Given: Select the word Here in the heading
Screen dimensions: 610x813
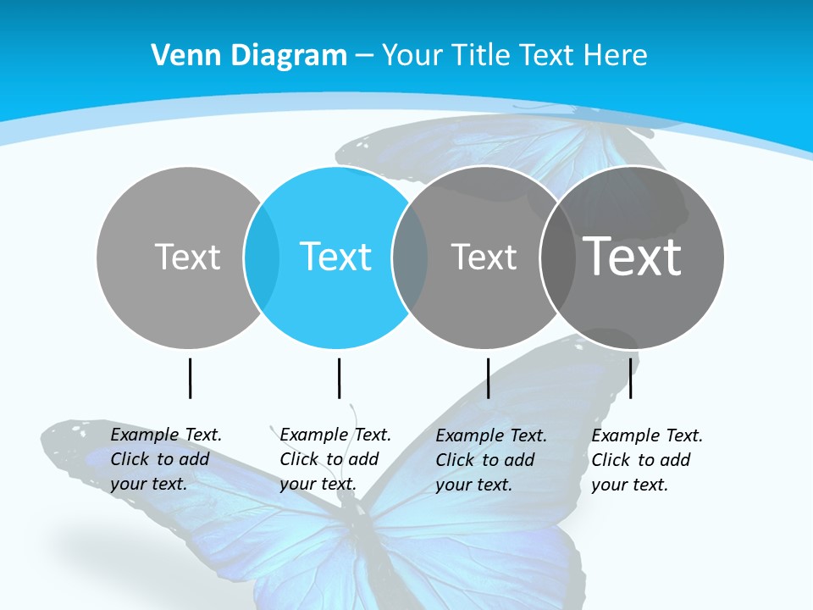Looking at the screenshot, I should (x=616, y=55).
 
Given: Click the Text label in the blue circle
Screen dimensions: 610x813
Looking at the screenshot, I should (x=336, y=257).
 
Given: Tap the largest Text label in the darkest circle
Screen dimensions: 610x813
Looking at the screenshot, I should (x=633, y=257).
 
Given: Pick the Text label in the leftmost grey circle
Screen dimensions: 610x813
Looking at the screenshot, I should (x=188, y=257).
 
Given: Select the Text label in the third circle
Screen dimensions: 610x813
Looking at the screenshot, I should (x=484, y=257).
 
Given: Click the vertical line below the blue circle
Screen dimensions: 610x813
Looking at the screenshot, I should (x=339, y=378).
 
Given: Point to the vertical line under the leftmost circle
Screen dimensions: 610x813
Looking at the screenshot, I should (x=190, y=378).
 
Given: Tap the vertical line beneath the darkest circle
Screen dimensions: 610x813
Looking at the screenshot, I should (x=630, y=378).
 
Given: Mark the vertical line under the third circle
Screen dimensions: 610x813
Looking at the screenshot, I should (x=488, y=378).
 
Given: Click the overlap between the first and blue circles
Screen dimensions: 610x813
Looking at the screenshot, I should (x=262, y=257).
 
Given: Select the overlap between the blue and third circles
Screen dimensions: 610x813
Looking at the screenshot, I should (x=410, y=257).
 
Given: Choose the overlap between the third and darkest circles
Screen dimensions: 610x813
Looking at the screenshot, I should (x=558, y=257).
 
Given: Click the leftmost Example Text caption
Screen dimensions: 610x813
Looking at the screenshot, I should (x=166, y=459).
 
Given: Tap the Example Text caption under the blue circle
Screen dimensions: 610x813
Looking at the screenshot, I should (x=335, y=459).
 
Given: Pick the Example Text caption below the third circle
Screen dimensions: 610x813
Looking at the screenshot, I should (x=491, y=460).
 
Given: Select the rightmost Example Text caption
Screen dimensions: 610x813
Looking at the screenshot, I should (x=647, y=460).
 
